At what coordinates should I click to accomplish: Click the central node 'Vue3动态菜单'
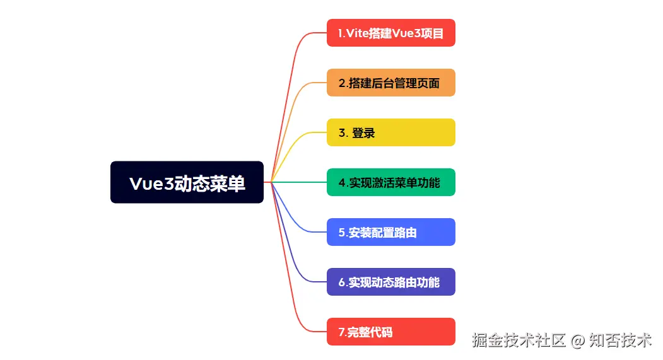coord(187,182)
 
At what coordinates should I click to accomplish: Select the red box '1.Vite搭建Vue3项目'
coord(390,33)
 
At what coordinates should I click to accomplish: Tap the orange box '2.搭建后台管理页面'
coord(390,83)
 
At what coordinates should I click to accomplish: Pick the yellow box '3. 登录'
coord(390,132)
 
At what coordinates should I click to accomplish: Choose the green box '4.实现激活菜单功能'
coord(390,182)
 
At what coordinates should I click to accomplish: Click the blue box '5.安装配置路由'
coord(390,232)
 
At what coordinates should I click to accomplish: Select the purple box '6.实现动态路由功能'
coord(390,282)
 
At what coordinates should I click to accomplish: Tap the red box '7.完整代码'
coord(390,332)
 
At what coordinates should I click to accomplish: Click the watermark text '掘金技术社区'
coord(519,341)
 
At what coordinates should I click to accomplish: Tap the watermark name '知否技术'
coord(621,341)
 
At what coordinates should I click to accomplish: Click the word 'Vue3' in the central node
coord(151,183)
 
